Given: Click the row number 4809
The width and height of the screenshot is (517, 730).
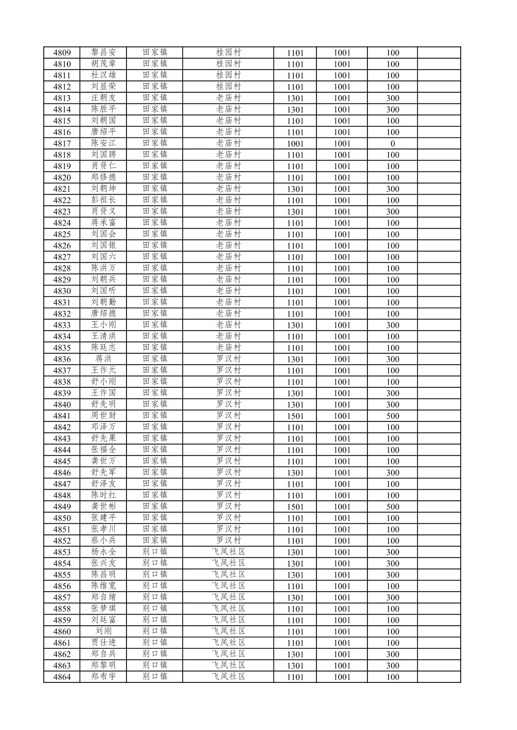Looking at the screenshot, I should coord(62,53).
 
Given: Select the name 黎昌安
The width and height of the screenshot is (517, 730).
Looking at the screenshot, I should coord(103,52).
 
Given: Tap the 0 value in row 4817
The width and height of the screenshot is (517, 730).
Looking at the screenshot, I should coord(392,144).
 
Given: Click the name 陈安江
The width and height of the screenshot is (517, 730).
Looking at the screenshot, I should coord(103,143).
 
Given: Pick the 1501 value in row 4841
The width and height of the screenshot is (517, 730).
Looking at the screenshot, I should coord(295,416).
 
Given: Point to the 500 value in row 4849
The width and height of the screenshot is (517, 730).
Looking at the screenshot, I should coord(392,507).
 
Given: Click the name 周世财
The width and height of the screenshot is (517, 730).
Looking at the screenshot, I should coord(103,416).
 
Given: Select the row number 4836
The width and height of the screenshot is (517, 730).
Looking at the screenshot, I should coord(62,359).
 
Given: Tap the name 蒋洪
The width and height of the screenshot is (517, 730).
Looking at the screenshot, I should coord(103,359).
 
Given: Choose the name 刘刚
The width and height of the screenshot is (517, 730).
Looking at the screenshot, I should coord(103,631).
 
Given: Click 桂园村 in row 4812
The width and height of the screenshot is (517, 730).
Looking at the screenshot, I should coord(228,87).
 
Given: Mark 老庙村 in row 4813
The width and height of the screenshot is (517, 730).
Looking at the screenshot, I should coord(228,98).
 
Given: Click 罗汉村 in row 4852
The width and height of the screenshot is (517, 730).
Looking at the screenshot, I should coord(228,541).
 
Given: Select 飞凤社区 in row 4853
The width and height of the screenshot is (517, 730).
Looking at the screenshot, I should coord(228,552).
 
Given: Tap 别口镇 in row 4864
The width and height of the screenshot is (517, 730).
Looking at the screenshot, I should coord(155,677).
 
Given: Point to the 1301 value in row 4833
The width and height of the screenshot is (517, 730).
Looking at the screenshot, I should coord(295,325).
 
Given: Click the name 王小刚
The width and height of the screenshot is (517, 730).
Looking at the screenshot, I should coord(103,325).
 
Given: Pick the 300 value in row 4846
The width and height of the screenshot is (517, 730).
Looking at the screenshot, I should coord(392,473).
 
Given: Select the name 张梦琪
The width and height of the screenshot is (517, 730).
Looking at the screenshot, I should coord(103,609).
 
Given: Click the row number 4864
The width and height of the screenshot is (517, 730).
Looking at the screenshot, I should coord(62,677).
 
